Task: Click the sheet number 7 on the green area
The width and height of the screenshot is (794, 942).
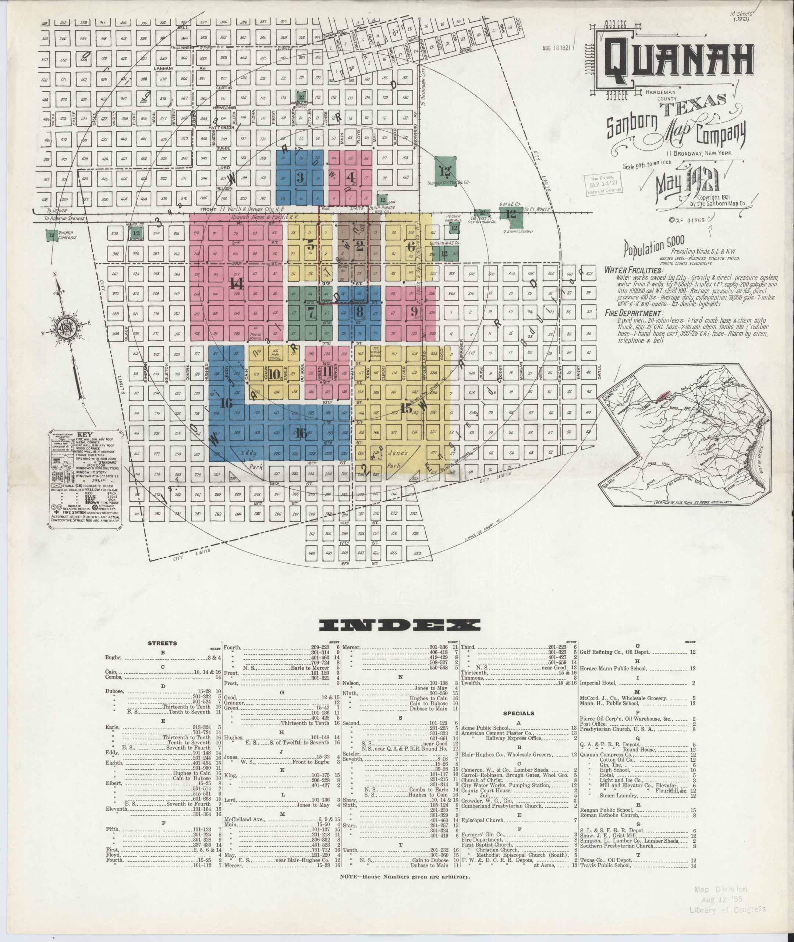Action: pos(310,312)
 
